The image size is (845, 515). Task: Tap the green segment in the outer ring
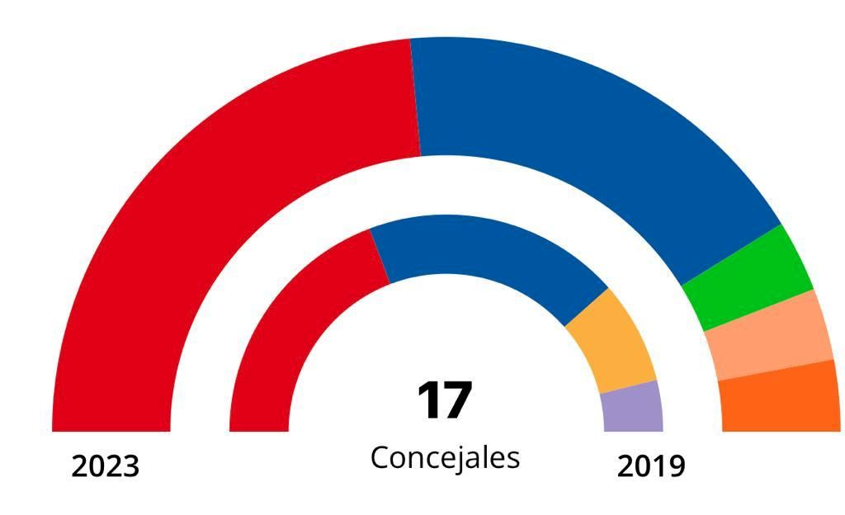tap(747, 279)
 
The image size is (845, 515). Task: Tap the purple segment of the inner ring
tap(632, 407)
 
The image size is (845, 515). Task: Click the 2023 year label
tap(105, 467)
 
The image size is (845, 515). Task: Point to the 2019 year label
tap(651, 467)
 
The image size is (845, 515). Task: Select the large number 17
tap(444, 401)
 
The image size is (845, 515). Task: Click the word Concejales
tap(445, 457)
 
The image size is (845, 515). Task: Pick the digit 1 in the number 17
tap(429, 401)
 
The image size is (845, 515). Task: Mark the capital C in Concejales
tap(380, 456)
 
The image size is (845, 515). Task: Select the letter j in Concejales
tap(463, 459)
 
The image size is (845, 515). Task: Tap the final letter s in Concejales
tap(513, 459)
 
